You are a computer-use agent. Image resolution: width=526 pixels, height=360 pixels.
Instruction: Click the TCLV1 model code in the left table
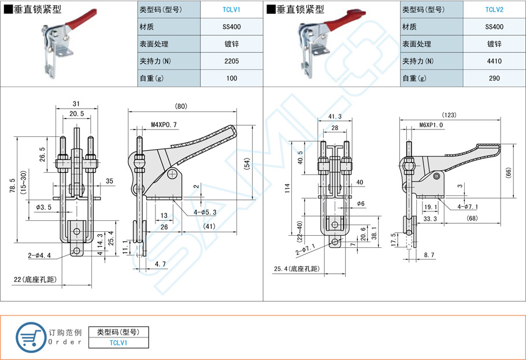coord(231,9)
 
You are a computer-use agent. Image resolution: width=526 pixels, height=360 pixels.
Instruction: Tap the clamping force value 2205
coord(231,61)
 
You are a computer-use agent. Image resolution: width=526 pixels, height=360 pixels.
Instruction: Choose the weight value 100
coord(231,79)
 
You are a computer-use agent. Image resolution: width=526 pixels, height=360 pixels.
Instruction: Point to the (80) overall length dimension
coord(181,106)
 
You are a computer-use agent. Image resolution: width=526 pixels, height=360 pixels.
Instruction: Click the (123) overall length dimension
coord(449,114)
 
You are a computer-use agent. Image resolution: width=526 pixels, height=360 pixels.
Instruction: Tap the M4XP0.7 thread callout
coord(164,124)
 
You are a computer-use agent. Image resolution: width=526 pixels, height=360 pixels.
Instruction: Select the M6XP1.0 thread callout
coord(431,125)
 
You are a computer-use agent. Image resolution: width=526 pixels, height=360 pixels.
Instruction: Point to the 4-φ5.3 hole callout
coord(205,212)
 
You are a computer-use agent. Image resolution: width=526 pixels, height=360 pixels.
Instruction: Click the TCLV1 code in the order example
coord(118,343)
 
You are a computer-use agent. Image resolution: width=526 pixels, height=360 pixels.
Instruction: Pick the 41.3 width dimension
coord(334,117)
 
